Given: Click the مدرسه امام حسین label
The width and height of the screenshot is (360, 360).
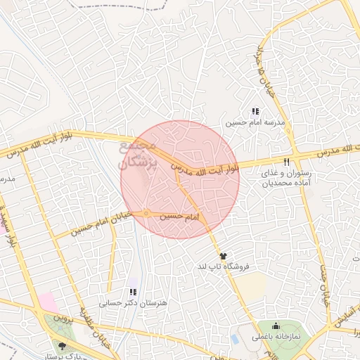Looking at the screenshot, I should tap(255, 122).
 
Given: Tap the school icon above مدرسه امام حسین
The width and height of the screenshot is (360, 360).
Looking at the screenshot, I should tap(255, 111).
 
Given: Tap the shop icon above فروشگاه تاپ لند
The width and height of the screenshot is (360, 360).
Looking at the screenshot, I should tap(224, 256).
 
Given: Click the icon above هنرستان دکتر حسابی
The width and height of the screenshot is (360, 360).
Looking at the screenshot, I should tap(133, 292).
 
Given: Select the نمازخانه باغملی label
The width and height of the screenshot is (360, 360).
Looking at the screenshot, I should tap(276, 337).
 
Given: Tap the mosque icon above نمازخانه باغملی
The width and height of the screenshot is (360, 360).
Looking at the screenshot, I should tap(275, 326).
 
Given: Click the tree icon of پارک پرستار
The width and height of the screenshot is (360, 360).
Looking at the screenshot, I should tap(63, 345).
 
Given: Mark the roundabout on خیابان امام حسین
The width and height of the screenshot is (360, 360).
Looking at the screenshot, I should tap(145, 214).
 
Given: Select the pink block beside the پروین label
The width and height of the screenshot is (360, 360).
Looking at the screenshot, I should tap(48, 303).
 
